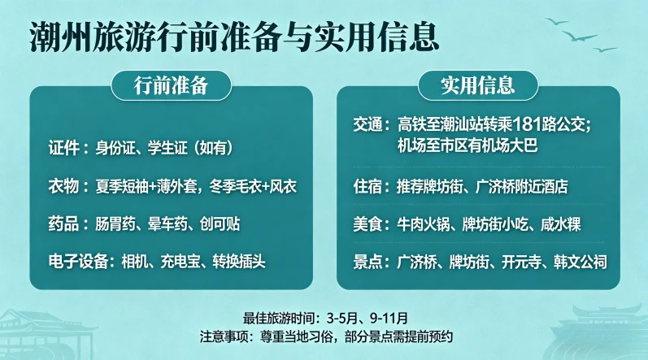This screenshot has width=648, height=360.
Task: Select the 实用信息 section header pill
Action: (x=478, y=85)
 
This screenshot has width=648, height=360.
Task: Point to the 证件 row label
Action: (x=65, y=148)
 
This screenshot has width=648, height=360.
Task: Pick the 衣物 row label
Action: (x=65, y=186)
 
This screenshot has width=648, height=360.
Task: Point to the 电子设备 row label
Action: (x=79, y=261)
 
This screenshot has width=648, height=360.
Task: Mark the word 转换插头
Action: (x=241, y=261)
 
